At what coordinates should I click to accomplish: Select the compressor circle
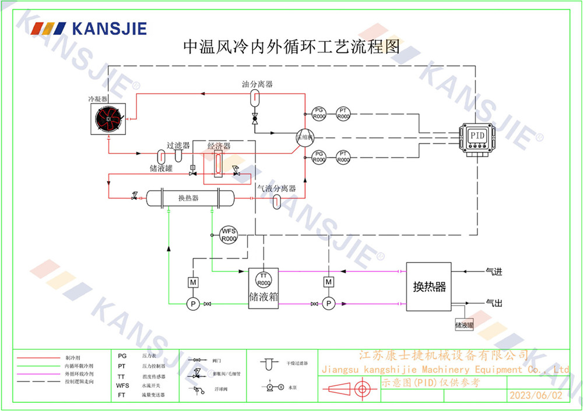tap(305, 138)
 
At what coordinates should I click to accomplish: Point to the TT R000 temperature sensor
tap(263, 278)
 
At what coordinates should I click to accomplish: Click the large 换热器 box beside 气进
tap(430, 286)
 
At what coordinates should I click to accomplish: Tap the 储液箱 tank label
tap(263, 297)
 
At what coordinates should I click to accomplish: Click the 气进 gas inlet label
tap(493, 271)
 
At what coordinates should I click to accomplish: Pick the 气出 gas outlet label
tap(493, 303)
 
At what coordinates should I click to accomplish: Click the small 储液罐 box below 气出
tap(464, 325)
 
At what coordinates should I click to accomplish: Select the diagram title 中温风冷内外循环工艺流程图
tap(291, 47)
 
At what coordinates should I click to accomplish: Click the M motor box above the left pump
tap(192, 282)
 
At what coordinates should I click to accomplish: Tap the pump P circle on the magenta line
tap(329, 303)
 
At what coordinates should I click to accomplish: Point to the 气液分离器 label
tap(277, 189)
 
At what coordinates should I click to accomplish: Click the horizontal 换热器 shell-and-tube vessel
tap(188, 198)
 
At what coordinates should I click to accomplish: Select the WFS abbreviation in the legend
tap(122, 385)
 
